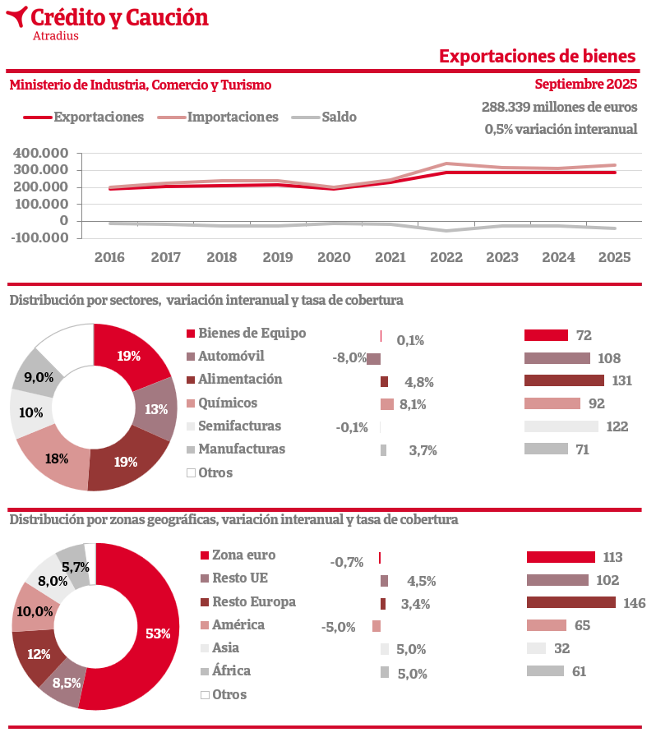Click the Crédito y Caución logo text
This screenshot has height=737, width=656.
(x=118, y=17)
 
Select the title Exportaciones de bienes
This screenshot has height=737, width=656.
(x=537, y=56)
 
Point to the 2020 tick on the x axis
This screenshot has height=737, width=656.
(x=334, y=257)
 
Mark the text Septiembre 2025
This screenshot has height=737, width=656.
(x=585, y=85)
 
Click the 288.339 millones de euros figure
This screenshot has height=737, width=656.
(x=559, y=107)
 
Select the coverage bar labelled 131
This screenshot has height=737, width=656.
(x=564, y=380)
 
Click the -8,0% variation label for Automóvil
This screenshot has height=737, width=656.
(x=349, y=358)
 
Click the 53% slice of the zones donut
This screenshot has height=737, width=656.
(x=156, y=633)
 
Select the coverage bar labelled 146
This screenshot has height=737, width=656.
(x=571, y=602)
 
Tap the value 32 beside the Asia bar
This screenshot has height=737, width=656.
(x=561, y=648)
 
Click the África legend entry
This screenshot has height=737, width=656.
(x=231, y=670)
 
